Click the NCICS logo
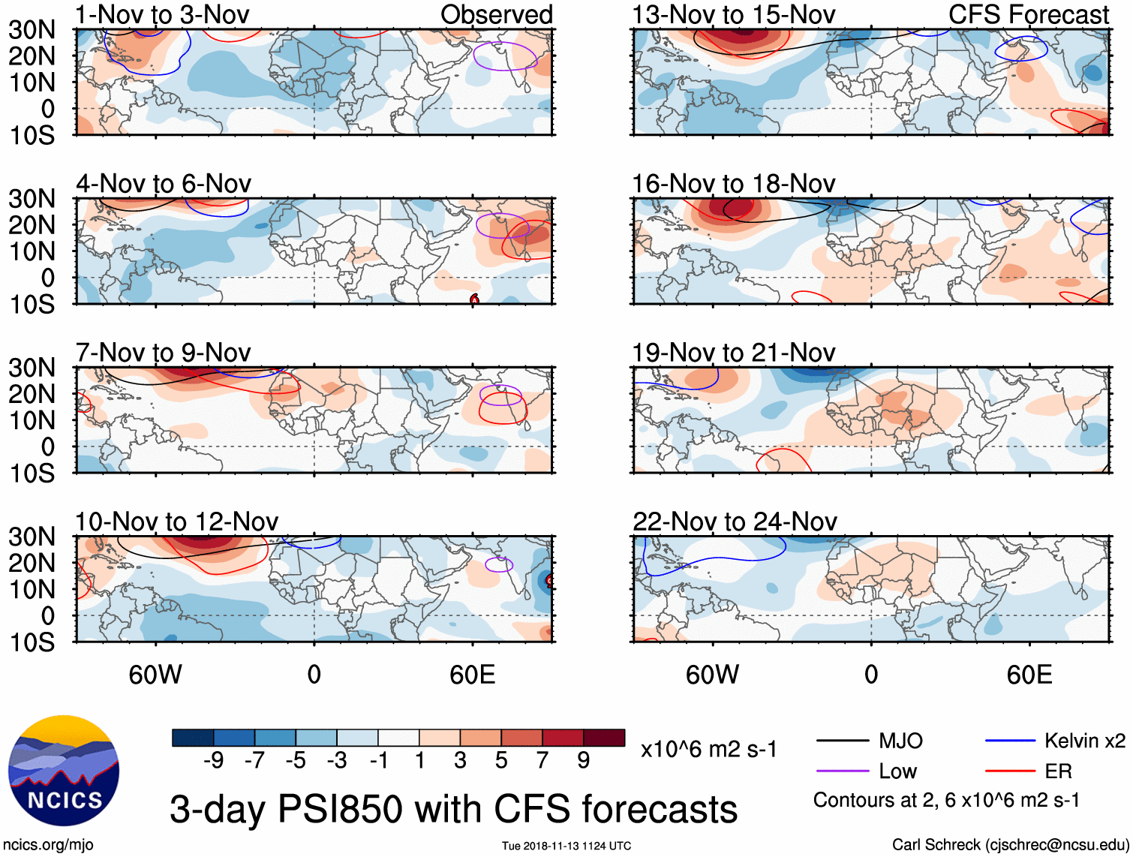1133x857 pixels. [x=64, y=771]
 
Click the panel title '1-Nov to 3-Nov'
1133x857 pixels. [x=162, y=15]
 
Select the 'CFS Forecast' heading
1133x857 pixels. [x=1028, y=15]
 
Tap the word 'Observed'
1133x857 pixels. [x=496, y=15]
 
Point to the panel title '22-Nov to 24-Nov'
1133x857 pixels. [x=734, y=522]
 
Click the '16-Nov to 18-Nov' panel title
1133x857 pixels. [x=733, y=184]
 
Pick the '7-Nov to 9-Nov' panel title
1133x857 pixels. [x=163, y=353]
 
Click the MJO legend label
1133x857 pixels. [x=900, y=741]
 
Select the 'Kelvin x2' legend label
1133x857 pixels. [x=1084, y=741]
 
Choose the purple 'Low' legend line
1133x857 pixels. [x=842, y=771]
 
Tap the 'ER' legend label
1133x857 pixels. [x=1058, y=771]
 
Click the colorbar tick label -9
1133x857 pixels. [x=213, y=761]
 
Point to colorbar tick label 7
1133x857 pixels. [x=542, y=761]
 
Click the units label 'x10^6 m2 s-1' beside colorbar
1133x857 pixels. [x=708, y=750]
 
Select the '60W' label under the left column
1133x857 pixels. [x=155, y=675]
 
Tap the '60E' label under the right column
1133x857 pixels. [x=1029, y=675]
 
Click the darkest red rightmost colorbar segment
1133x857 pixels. [x=604, y=738]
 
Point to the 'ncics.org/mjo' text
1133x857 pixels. [x=48, y=845]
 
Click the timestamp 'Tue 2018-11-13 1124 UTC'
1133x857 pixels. [x=566, y=846]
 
